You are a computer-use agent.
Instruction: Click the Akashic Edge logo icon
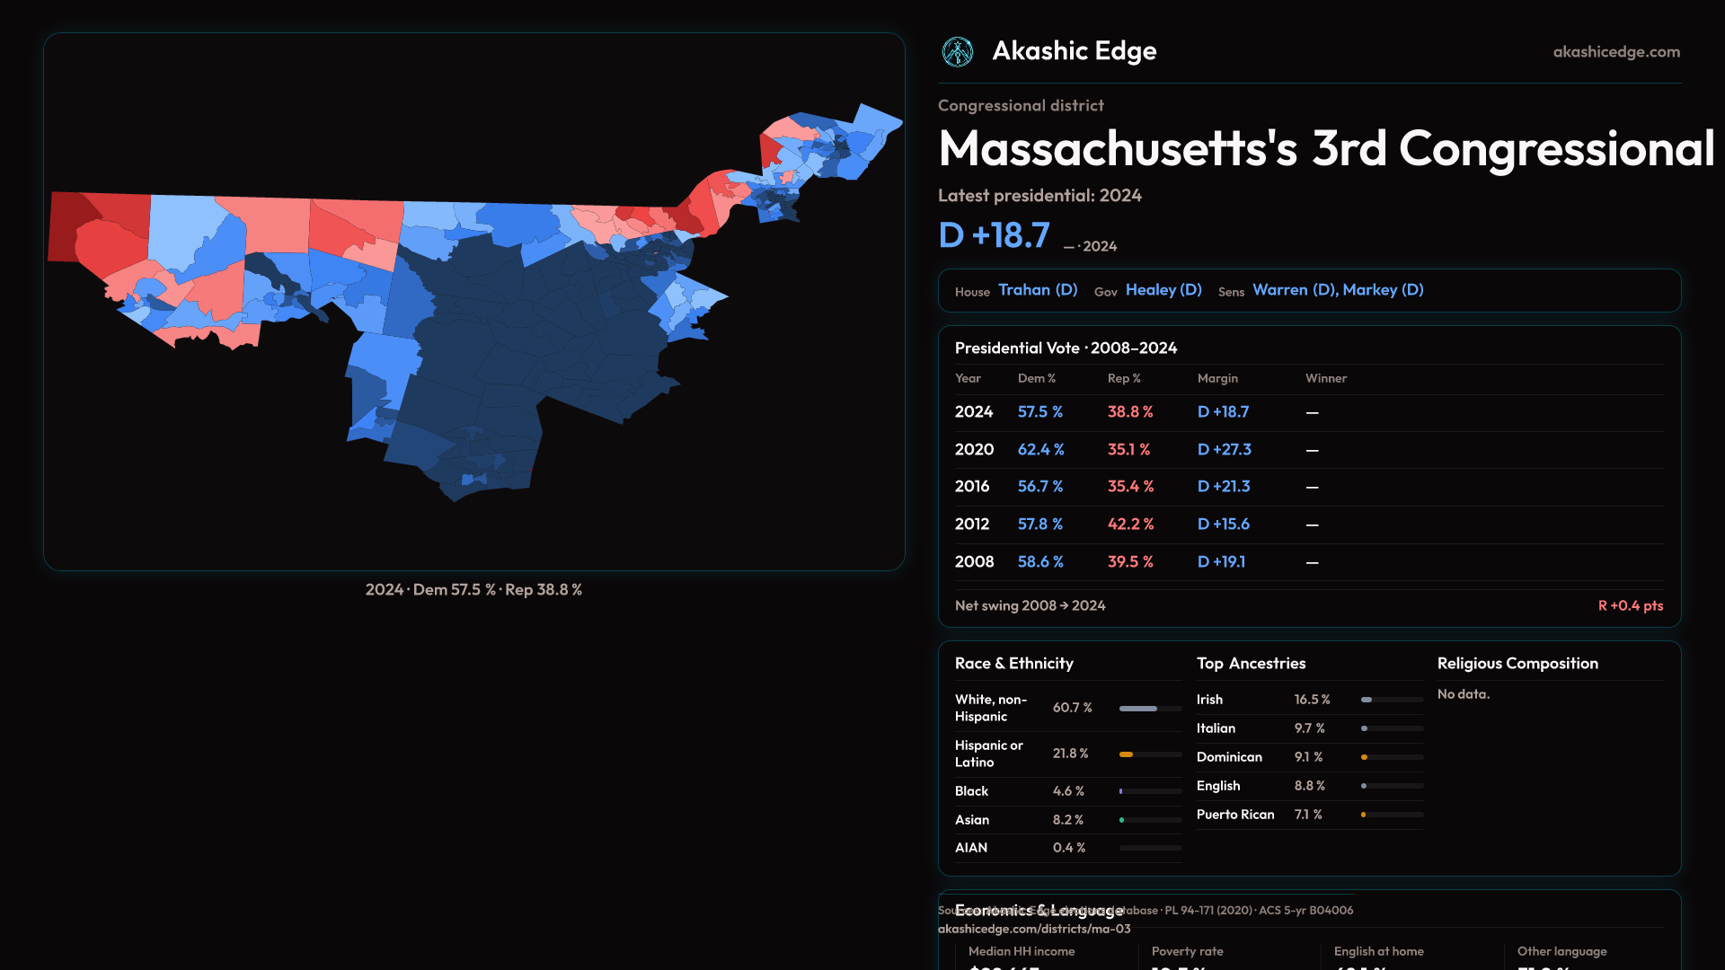pyautogui.click(x=957, y=52)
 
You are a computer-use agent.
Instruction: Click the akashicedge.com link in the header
pyautogui.click(x=1616, y=52)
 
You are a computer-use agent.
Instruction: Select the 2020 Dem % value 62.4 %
pyautogui.click(x=1040, y=449)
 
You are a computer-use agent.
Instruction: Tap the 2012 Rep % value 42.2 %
pyautogui.click(x=1130, y=524)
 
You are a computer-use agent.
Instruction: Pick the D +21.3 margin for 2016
pyautogui.click(x=1224, y=486)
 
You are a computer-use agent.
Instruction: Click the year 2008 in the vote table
pyautogui.click(x=974, y=561)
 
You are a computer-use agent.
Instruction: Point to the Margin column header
pyautogui.click(x=1217, y=378)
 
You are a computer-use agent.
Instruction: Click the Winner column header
pyautogui.click(x=1325, y=378)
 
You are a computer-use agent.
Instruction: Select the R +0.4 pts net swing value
pyautogui.click(x=1630, y=605)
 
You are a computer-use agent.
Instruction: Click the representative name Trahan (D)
pyautogui.click(x=1038, y=290)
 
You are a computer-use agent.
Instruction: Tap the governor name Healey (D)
pyautogui.click(x=1163, y=290)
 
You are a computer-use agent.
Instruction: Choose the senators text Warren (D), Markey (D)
pyautogui.click(x=1338, y=290)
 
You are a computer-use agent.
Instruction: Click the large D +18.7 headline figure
pyautogui.click(x=994, y=235)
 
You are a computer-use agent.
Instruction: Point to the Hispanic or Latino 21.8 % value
pyautogui.click(x=1070, y=754)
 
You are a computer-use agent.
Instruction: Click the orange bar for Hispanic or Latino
pyautogui.click(x=1126, y=754)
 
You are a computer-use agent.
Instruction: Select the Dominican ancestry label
pyautogui.click(x=1229, y=757)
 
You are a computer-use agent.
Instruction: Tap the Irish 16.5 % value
pyautogui.click(x=1312, y=700)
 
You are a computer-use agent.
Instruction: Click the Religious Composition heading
pyautogui.click(x=1517, y=664)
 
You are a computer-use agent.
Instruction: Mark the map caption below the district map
pyautogui.click(x=473, y=590)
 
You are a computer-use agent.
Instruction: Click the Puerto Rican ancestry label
pyautogui.click(x=1235, y=815)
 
